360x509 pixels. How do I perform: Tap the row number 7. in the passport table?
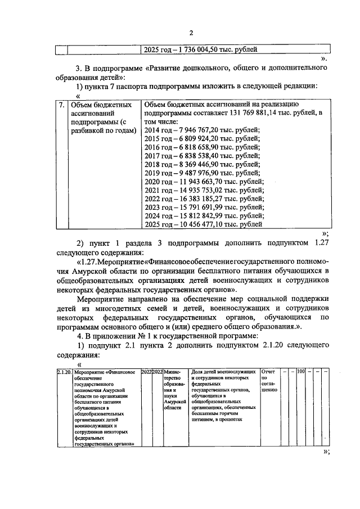point(61,105)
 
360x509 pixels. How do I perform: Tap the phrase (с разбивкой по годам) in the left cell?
point(104,126)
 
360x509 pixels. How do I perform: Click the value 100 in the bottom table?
point(301,372)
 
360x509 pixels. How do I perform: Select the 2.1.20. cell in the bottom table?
point(64,372)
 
